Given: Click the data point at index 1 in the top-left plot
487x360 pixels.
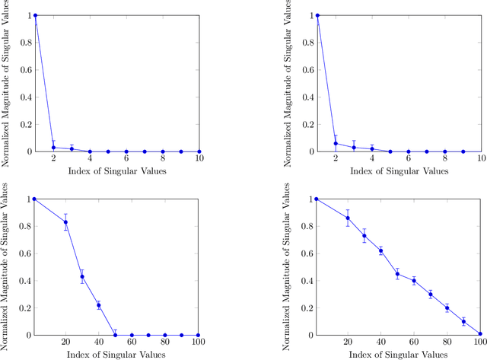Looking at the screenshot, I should [35, 15].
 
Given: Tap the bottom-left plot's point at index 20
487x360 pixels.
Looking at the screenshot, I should [66, 222].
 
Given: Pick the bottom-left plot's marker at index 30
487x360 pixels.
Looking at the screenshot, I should [82, 277].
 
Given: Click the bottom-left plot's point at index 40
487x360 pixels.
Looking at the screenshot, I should [99, 305].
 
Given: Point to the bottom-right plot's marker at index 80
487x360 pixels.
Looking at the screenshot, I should [447, 307].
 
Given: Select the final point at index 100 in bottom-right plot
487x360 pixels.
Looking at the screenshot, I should [480, 333].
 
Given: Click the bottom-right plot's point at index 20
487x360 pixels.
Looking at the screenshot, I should [348, 218].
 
